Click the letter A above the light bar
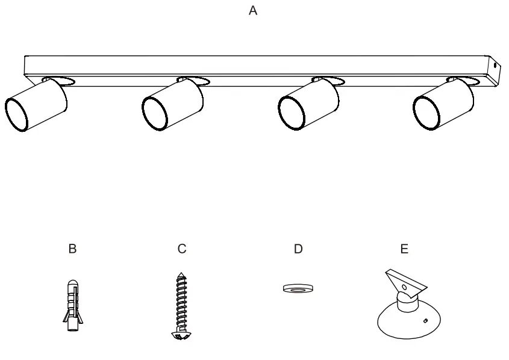click(253, 11)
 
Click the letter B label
click(73, 249)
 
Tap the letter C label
click(182, 249)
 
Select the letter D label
click(298, 249)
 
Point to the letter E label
click(404, 249)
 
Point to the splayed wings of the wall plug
click(65, 315)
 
